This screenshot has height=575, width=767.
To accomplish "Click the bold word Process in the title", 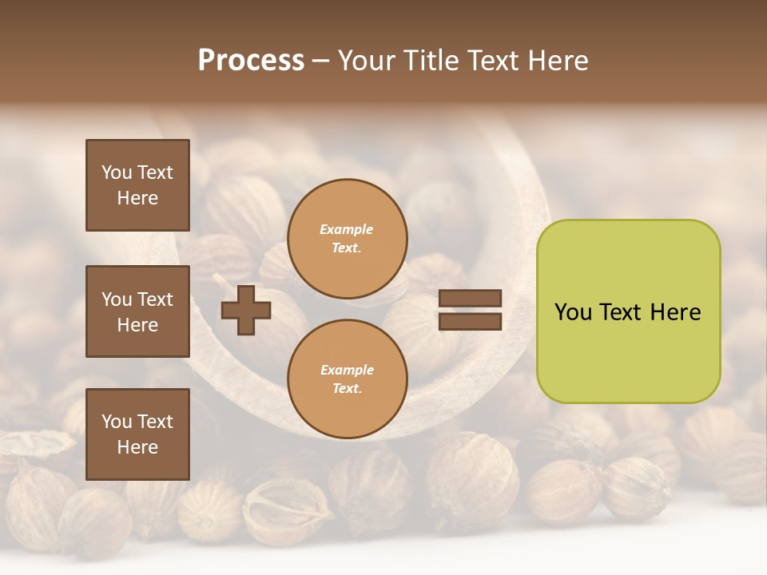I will [x=251, y=61].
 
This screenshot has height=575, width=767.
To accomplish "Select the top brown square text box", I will [x=137, y=185].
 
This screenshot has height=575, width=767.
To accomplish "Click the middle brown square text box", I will [x=137, y=311].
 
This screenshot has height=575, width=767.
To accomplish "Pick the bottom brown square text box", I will [x=137, y=434].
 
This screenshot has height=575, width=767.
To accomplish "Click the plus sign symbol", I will [x=246, y=311].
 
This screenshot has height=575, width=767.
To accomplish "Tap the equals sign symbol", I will [x=470, y=311].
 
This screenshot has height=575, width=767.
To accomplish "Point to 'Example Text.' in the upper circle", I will [x=347, y=239].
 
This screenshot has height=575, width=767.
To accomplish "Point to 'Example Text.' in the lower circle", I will [x=347, y=379].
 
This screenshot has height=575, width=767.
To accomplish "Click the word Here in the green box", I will [x=675, y=312].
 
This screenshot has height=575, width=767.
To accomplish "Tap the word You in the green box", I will [x=573, y=312].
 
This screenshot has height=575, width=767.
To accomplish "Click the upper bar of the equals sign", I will [x=470, y=299].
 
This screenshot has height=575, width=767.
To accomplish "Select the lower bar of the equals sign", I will [x=470, y=322].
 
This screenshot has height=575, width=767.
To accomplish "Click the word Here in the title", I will [x=557, y=61].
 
